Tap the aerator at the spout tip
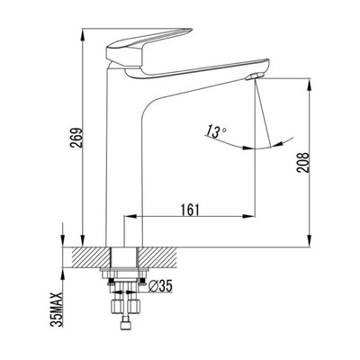click(x=257, y=77)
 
